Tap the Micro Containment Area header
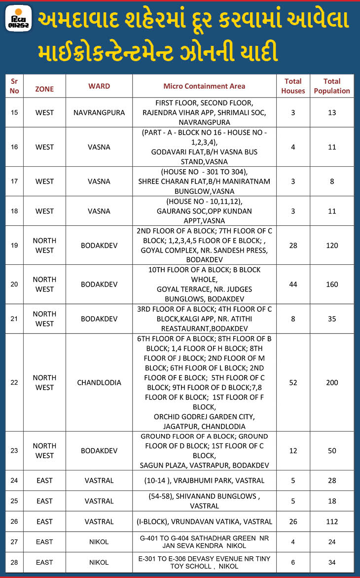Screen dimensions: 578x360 (x=204, y=86)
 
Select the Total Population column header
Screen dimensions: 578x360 (x=332, y=86)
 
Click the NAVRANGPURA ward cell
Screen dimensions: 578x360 (x=99, y=112)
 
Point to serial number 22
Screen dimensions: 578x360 (x=14, y=382)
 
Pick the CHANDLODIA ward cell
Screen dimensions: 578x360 (x=99, y=382)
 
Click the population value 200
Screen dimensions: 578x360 (x=332, y=382)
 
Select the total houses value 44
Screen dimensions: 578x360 (x=293, y=284)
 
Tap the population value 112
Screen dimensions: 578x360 (x=332, y=521)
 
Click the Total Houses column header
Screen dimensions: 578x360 (x=293, y=86)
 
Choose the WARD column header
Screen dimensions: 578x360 (x=99, y=86)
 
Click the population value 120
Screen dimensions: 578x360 (x=332, y=245)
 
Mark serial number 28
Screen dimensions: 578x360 (x=14, y=562)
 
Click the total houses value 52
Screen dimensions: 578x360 (x=293, y=382)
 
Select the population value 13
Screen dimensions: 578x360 (x=332, y=112)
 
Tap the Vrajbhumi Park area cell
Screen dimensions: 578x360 (x=204, y=480)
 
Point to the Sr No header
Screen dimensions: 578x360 (x=14, y=86)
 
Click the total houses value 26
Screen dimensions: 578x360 (x=293, y=521)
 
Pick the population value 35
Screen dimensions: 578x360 (x=332, y=319)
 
